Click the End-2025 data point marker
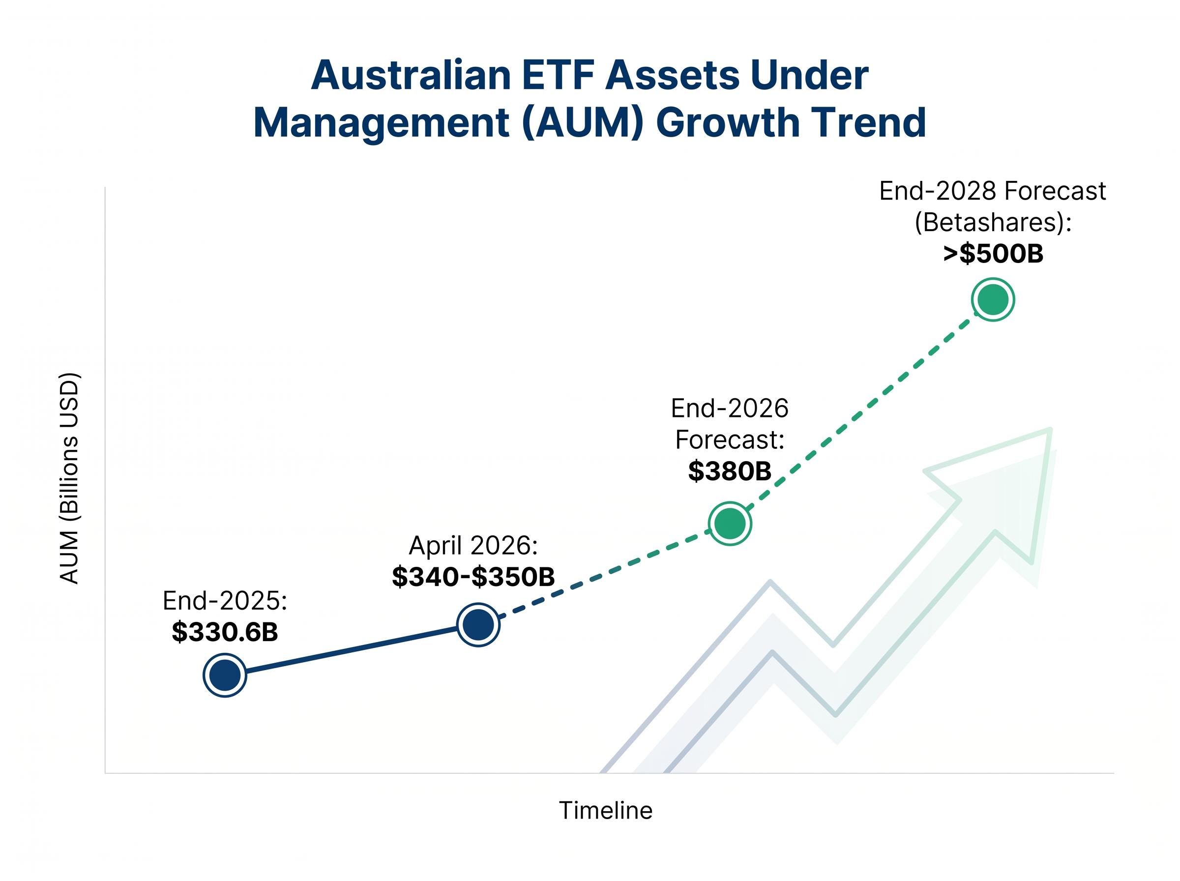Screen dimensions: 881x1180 pyautogui.click(x=225, y=675)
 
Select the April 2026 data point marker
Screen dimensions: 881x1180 pyautogui.click(x=478, y=624)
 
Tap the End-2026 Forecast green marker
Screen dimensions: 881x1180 pyautogui.click(x=730, y=524)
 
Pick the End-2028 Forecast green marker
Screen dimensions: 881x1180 pyautogui.click(x=992, y=300)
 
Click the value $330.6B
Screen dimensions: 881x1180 pyautogui.click(x=225, y=632)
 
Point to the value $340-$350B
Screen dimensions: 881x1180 pyautogui.click(x=473, y=577)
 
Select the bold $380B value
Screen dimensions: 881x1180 pyautogui.click(x=730, y=471)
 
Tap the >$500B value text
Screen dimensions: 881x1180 pyautogui.click(x=992, y=253)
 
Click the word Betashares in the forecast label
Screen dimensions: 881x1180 pyautogui.click(x=989, y=222)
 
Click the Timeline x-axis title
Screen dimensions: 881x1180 pyautogui.click(x=605, y=810)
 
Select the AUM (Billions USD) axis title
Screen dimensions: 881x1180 pyautogui.click(x=69, y=478)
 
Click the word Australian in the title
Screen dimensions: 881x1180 pyautogui.click(x=411, y=75)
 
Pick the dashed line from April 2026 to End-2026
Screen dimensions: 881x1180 pyautogui.click(x=602, y=574)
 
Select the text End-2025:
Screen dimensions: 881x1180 pyautogui.click(x=225, y=601)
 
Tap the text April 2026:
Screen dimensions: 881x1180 pyautogui.click(x=473, y=546)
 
